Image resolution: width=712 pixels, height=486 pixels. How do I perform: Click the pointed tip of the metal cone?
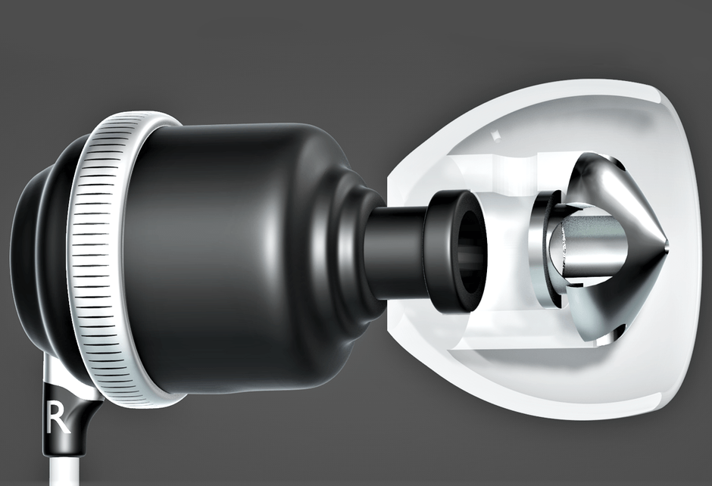click(x=670, y=248)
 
